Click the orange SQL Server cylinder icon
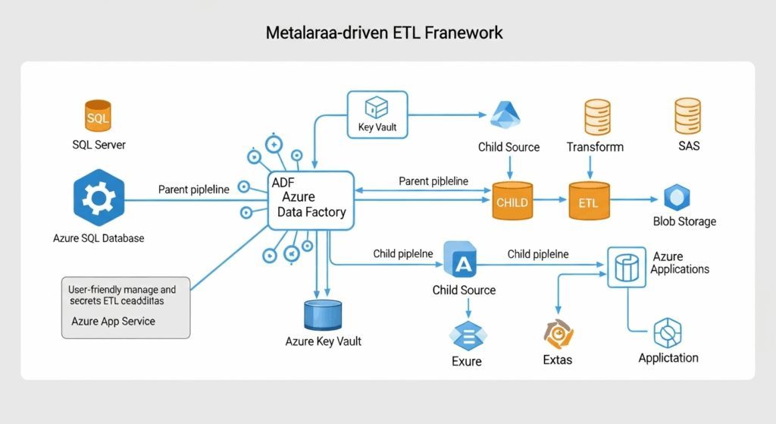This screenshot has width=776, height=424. click(x=97, y=116)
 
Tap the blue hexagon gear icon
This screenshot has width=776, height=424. click(x=99, y=199)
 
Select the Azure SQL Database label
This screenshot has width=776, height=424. click(x=99, y=238)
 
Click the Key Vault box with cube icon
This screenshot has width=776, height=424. click(x=377, y=115)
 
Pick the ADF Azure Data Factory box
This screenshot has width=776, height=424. click(x=311, y=199)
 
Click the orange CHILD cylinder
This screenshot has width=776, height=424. click(x=512, y=202)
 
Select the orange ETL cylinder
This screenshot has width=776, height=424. click(x=588, y=202)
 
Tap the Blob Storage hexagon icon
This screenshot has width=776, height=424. click(x=676, y=198)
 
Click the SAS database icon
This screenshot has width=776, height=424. click(x=687, y=117)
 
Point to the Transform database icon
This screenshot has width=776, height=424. click(x=597, y=117)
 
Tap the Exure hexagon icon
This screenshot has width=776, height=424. click(x=467, y=335)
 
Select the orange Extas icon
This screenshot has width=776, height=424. click(x=559, y=334)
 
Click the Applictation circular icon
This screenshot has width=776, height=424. click(x=668, y=333)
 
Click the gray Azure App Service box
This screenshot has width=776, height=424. click(x=124, y=307)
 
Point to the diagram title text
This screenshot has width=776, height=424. click(x=384, y=33)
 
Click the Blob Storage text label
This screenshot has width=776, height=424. click(x=684, y=221)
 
